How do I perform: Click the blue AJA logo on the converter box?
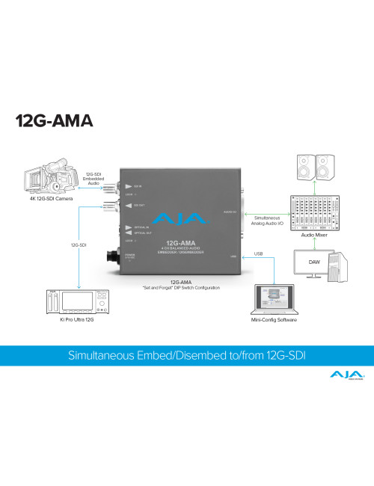click(x=174, y=222)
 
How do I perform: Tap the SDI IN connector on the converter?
click(x=118, y=185)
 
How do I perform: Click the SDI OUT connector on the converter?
click(x=118, y=206)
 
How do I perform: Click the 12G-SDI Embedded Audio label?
click(x=92, y=178)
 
